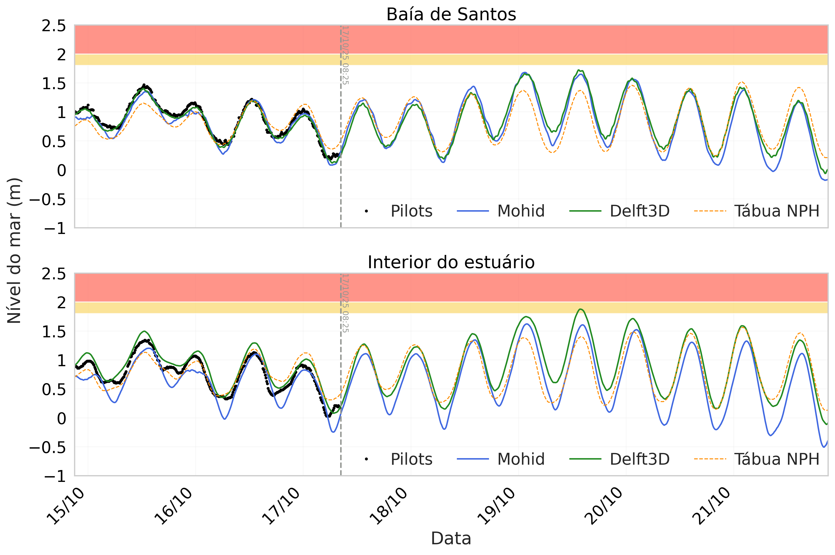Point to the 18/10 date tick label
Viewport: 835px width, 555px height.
389,506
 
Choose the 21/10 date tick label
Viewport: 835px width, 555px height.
711,506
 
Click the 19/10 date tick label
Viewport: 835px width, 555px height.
496,506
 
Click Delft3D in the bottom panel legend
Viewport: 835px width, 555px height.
639,459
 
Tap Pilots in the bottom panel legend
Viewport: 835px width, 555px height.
411,459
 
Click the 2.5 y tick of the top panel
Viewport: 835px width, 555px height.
54,26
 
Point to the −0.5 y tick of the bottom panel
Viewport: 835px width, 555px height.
48,448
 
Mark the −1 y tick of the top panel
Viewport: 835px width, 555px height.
55,228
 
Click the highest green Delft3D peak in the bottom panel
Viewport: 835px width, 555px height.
580,309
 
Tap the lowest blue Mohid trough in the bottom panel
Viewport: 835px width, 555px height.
821,447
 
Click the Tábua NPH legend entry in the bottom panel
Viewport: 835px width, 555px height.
777,459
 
